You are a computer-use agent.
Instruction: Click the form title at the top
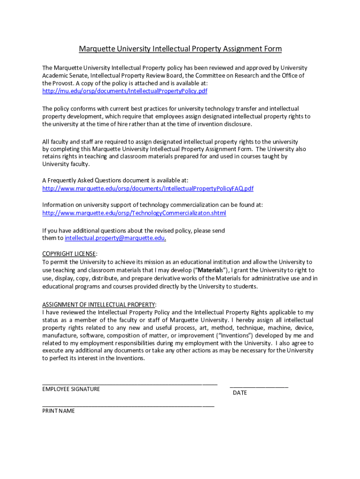[x=180, y=49]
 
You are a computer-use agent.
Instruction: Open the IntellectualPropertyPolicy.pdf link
[x=124, y=91]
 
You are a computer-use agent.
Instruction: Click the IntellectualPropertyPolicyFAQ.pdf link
[x=148, y=189]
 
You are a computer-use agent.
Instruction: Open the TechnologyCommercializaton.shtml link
[x=134, y=213]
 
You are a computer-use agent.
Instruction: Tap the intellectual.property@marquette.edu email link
[x=115, y=238]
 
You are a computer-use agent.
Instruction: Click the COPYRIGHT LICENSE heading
[x=69, y=254]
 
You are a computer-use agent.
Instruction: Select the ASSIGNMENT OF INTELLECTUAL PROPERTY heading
[x=99, y=304]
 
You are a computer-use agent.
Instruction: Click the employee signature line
[x=130, y=384]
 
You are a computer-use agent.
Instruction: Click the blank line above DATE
[x=259, y=386]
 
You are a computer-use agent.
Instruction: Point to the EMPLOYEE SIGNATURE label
[x=71, y=389]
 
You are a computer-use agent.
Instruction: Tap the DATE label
[x=240, y=393]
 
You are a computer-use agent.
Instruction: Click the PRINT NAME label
[x=58, y=411]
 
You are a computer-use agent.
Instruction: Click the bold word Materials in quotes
[x=209, y=270]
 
